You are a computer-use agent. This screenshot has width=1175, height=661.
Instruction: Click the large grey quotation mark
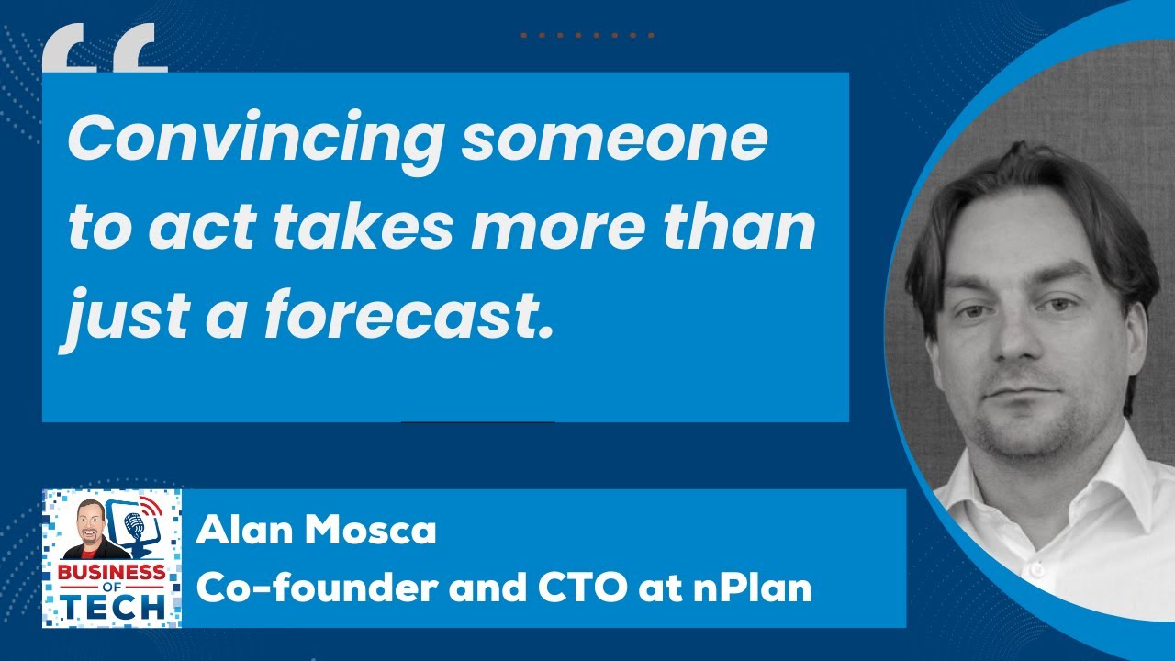(104, 50)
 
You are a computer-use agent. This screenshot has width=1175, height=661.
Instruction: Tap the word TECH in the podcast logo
(114, 605)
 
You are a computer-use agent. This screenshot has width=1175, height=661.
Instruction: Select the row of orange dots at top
(587, 36)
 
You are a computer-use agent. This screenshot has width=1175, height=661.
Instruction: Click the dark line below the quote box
(477, 422)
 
